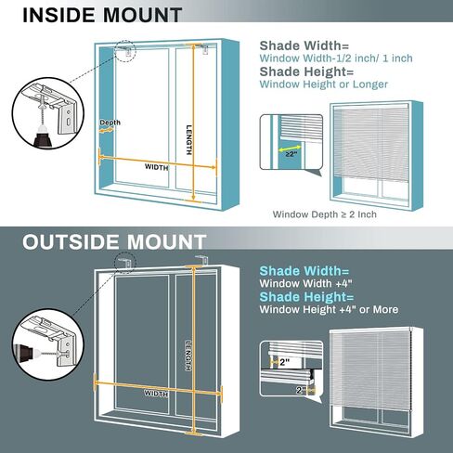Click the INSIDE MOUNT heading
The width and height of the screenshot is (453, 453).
pos(102,15)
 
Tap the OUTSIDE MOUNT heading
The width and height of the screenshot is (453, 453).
pos(114,241)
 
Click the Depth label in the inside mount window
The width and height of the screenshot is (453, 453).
pos(110,123)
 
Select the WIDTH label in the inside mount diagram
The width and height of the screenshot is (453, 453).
pos(157,167)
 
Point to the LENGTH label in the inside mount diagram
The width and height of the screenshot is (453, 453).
pos(188,140)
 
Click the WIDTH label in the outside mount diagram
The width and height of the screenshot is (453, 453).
pos(156,394)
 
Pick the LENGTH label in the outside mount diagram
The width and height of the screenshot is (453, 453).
pos(188,356)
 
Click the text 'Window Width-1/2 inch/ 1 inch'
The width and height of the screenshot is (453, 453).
pos(336,58)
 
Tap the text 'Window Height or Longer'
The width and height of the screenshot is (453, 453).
pos(324,84)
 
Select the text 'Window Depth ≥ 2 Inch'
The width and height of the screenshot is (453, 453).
pos(325,214)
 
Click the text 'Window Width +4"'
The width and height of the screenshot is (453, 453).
pos(306,283)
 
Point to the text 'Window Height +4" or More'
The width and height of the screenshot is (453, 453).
pos(329,309)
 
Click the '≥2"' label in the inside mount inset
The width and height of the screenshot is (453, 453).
pos(291,154)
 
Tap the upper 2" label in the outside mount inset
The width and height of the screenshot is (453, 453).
pos(284,362)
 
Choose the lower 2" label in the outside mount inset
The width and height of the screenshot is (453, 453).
pos(301,390)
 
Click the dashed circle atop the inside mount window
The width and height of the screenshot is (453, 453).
pos(125,51)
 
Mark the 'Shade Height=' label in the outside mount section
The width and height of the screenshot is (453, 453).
pos(306,297)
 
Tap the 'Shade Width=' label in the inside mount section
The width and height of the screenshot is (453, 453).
pos(304,45)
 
